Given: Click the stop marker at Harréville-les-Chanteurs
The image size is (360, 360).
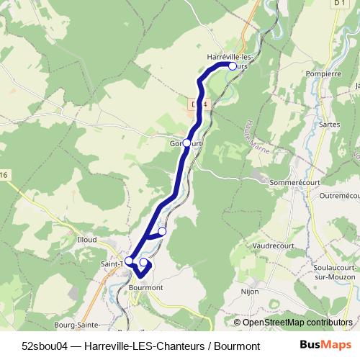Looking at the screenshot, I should [x=232, y=66].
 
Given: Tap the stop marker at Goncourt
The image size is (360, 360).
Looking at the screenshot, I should [x=187, y=143].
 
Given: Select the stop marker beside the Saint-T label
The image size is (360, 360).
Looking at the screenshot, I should [x=129, y=261].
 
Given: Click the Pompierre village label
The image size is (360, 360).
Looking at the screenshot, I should [x=323, y=73].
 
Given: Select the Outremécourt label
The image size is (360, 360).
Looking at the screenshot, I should [x=339, y=196].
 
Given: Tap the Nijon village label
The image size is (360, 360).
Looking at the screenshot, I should [x=249, y=292].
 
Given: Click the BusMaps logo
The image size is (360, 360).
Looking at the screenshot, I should [x=324, y=345].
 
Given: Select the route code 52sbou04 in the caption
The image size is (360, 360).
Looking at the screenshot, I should [x=46, y=346].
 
